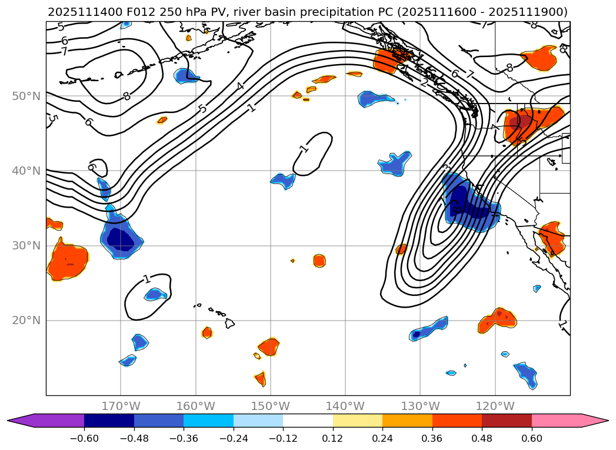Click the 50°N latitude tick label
coord(26,96)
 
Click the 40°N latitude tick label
coord(26,171)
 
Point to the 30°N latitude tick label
coord(26,246)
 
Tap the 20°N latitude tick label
coord(26,321)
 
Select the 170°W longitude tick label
coord(121,406)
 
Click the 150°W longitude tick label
coord(270,406)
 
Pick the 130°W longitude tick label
coord(420,406)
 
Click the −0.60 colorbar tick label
coord(84,438)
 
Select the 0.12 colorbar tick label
coord(333,438)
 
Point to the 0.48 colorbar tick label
coord(482,438)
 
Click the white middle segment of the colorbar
coord(308,421)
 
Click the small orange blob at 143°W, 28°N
coord(319,261)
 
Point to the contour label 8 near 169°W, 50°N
coord(126,96)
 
